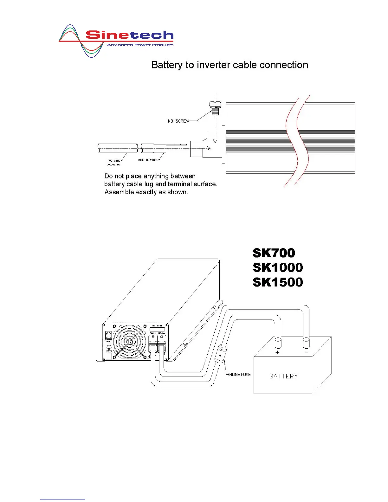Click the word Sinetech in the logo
[130, 35]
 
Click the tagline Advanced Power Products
[140, 45]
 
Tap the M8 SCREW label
[178, 121]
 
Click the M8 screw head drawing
[215, 105]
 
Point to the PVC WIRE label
[114, 161]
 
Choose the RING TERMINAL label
[148, 160]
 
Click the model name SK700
[274, 253]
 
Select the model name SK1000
[278, 267]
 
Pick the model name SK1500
[278, 282]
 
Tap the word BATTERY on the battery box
[284, 376]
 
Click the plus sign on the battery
[278, 352]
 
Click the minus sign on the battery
[306, 352]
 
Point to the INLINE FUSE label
[239, 375]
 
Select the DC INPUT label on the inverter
[157, 326]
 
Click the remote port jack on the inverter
[108, 335]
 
